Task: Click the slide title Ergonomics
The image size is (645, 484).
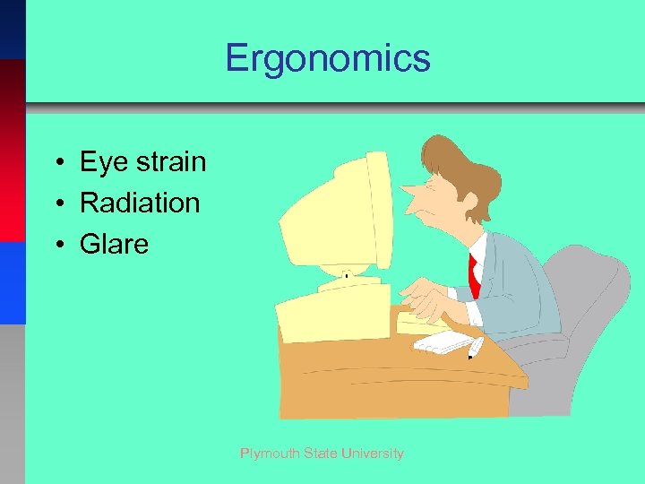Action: (328, 59)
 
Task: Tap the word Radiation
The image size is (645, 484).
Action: (140, 203)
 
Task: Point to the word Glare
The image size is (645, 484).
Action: (114, 243)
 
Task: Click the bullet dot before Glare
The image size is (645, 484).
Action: (56, 245)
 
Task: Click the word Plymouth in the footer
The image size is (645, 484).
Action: (269, 454)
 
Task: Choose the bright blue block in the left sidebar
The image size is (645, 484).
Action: (13, 282)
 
